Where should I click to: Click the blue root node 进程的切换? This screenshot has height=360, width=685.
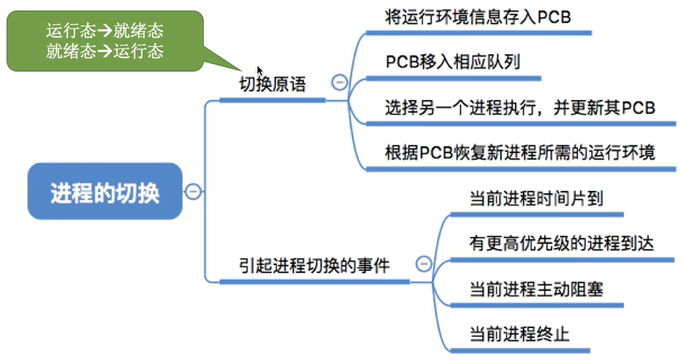point(105,192)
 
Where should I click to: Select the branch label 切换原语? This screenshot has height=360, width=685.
point(272,85)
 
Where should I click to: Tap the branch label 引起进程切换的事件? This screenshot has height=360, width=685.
point(314,266)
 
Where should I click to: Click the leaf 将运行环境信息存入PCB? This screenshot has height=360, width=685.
point(478,17)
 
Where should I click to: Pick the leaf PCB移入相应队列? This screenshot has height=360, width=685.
point(453,63)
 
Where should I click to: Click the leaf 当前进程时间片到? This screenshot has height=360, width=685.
point(536,198)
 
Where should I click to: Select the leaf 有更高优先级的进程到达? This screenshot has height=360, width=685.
point(561,244)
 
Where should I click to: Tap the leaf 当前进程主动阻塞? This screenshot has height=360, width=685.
point(536,289)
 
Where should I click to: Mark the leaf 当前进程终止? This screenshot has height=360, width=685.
point(519,334)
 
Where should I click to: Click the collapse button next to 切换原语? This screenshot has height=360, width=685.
point(339,82)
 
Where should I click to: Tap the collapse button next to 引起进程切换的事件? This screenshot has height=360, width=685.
point(424,264)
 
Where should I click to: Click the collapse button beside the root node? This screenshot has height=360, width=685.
point(192,192)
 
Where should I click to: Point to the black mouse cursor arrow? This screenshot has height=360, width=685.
point(260,71)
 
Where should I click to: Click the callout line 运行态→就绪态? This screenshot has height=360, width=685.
point(104,31)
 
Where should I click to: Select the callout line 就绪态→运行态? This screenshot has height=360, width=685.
point(104,51)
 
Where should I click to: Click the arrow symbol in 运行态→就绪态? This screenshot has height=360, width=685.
point(104,31)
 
